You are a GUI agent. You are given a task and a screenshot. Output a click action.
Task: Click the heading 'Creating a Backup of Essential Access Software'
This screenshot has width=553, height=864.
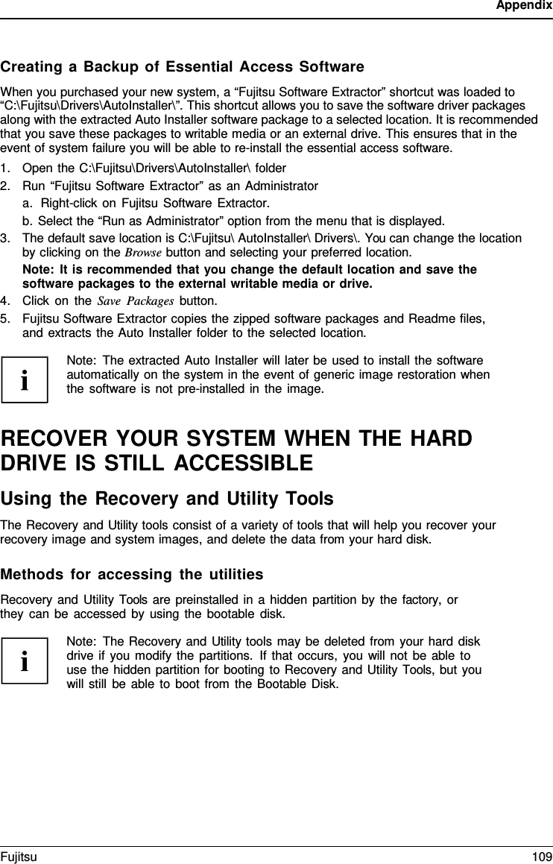183,67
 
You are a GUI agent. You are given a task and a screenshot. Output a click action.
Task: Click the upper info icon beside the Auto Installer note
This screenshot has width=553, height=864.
25,379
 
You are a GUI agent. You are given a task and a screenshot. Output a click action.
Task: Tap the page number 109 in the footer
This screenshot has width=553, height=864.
542,857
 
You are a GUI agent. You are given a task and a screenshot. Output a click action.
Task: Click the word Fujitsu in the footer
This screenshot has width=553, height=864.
19,857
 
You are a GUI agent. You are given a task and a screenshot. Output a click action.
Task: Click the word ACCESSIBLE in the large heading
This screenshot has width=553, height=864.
243,464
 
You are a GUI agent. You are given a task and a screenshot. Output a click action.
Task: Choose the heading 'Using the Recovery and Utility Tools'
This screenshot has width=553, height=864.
167,498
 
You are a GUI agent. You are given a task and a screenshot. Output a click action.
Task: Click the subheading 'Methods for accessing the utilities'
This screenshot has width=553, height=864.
132,574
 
